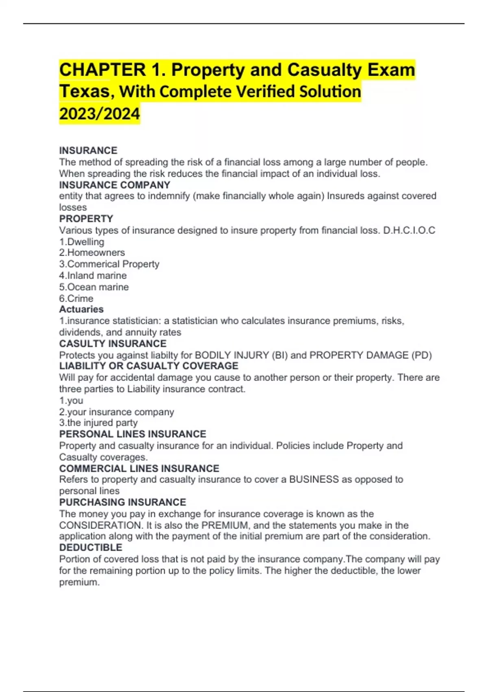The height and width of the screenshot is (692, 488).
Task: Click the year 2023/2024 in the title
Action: pyautogui.click(x=100, y=114)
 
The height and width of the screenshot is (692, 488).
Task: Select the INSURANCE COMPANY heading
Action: pyautogui.click(x=115, y=185)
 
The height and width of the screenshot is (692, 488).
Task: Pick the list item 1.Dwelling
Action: pyautogui.click(x=82, y=242)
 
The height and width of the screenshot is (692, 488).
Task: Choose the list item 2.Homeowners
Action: pyautogui.click(x=92, y=253)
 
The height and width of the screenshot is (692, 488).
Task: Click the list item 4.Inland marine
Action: pyautogui.click(x=93, y=276)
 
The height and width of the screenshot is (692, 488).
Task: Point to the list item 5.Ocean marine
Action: pyautogui.click(x=94, y=287)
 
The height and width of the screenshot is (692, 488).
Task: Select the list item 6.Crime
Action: pyautogui.click(x=76, y=298)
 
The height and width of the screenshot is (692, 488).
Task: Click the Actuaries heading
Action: pyautogui.click(x=81, y=309)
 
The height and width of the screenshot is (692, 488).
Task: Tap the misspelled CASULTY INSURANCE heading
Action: pyautogui.click(x=113, y=344)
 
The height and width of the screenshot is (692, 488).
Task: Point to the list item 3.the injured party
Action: pyautogui.click(x=98, y=423)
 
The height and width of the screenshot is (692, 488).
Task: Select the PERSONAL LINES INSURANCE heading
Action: pyautogui.click(x=133, y=434)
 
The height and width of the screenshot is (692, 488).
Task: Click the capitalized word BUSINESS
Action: pyautogui.click(x=314, y=480)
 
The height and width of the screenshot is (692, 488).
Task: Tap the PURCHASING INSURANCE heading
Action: pyautogui.click(x=122, y=502)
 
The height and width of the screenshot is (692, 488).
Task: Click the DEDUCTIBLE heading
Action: pyautogui.click(x=91, y=547)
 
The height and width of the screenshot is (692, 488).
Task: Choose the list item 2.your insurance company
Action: pyautogui.click(x=116, y=412)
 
